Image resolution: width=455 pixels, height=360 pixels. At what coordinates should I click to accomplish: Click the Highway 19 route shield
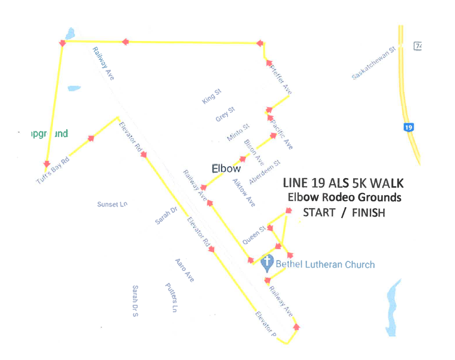pos(408,127)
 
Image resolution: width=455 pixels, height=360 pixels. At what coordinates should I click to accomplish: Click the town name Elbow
pos(226,168)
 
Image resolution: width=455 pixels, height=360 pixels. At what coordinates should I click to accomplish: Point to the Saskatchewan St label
pos(374,63)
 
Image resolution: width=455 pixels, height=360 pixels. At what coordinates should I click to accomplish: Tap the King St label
pos(211,96)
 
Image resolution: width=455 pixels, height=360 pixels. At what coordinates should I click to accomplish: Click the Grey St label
pos(225,114)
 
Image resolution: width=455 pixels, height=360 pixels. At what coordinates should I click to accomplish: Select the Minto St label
pos(238,132)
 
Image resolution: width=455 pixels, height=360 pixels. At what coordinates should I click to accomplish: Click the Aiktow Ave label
pos(244,192)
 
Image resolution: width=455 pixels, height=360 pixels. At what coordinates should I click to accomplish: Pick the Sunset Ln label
pos(112,204)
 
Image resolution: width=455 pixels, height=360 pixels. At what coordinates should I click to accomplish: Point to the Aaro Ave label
pos(184,270)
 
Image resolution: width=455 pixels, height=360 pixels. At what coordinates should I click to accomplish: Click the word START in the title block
pos(319,212)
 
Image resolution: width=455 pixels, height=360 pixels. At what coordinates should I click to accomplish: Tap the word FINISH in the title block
pos(368,213)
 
